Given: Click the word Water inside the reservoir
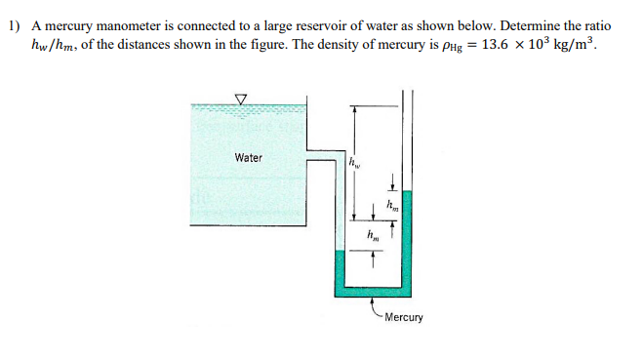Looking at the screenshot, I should [x=248, y=157].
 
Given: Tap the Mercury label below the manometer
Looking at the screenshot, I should [x=404, y=317].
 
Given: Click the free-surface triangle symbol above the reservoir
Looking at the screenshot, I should [x=241, y=98].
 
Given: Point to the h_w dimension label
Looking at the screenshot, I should [x=356, y=164].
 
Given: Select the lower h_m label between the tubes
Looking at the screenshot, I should [x=373, y=234].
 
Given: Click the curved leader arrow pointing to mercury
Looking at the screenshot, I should [x=376, y=309].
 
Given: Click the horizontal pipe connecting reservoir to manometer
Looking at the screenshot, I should [x=322, y=157].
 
